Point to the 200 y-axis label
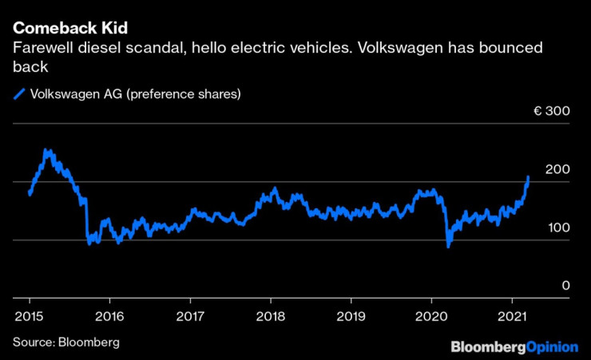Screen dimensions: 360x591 (x=557, y=169)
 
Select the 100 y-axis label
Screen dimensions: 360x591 (x=557, y=227)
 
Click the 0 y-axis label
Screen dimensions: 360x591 (x=565, y=286)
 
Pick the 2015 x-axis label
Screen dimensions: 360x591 (x=29, y=316)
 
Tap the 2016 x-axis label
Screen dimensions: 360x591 (x=109, y=316)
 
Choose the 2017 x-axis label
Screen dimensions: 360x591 (x=190, y=316)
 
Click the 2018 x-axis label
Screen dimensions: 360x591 (x=271, y=316)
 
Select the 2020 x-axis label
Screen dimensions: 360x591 (x=431, y=316)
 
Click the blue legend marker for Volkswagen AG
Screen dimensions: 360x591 (x=19, y=95)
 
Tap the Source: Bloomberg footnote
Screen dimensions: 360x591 (x=65, y=342)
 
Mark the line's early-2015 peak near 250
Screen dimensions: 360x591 (x=46, y=150)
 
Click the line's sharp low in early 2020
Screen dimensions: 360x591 (x=448, y=246)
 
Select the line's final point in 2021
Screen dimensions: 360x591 (x=528, y=177)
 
